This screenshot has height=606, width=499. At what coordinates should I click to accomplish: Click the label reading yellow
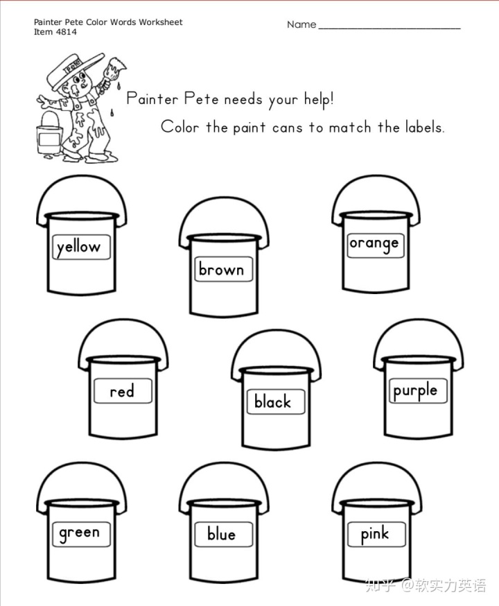coord(81,247)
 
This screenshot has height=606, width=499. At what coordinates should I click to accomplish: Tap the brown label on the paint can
coord(223,269)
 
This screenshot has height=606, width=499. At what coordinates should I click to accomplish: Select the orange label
coord(376,245)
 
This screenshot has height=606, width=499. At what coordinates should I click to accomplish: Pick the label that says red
coord(123,391)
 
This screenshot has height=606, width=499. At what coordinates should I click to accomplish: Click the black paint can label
coord(276,402)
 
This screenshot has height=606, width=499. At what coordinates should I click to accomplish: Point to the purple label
coord(418,391)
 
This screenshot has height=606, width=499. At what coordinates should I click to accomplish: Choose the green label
coord(81,534)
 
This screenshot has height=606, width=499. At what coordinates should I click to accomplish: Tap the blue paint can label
coord(223,534)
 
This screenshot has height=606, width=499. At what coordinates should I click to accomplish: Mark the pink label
coord(376,534)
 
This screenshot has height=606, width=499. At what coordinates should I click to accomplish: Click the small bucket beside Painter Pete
coord(49,135)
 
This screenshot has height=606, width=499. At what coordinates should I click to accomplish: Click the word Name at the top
coord(301,25)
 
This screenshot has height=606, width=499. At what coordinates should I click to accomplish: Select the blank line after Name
coord(389,28)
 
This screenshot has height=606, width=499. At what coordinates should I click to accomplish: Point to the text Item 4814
coord(55,32)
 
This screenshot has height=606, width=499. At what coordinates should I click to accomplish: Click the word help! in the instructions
coord(319,99)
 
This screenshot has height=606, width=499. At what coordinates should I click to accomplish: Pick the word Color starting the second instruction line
coord(180,127)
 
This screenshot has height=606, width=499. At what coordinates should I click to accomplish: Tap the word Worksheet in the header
coord(161,22)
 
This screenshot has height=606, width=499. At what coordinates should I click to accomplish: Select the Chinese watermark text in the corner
coord(426,586)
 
